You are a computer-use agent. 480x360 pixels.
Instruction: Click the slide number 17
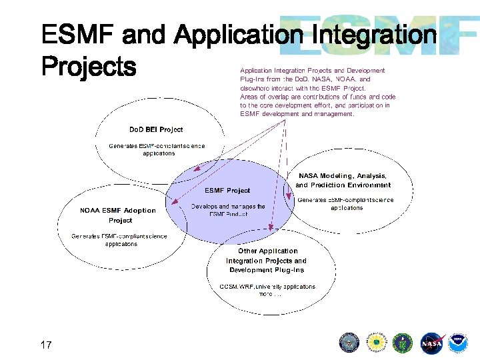(46, 345)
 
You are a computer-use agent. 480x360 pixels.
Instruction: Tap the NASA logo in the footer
(431, 343)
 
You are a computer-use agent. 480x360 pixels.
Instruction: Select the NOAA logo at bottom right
(458, 343)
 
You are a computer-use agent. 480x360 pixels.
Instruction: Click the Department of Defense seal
(349, 343)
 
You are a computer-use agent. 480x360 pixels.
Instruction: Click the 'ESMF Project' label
(227, 190)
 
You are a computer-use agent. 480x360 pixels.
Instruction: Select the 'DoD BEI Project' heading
(155, 129)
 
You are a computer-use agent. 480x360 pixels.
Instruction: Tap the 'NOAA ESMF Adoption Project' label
(118, 215)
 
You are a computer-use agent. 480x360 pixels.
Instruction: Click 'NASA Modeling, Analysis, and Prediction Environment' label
(343, 180)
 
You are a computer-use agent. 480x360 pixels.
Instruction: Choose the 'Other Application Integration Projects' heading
(267, 261)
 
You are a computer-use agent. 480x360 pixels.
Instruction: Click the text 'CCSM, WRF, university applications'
(267, 287)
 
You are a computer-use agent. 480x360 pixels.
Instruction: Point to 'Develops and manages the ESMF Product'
(228, 210)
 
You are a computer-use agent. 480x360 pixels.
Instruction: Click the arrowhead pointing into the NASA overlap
(289, 197)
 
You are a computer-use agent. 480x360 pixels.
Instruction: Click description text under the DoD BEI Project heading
(157, 149)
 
